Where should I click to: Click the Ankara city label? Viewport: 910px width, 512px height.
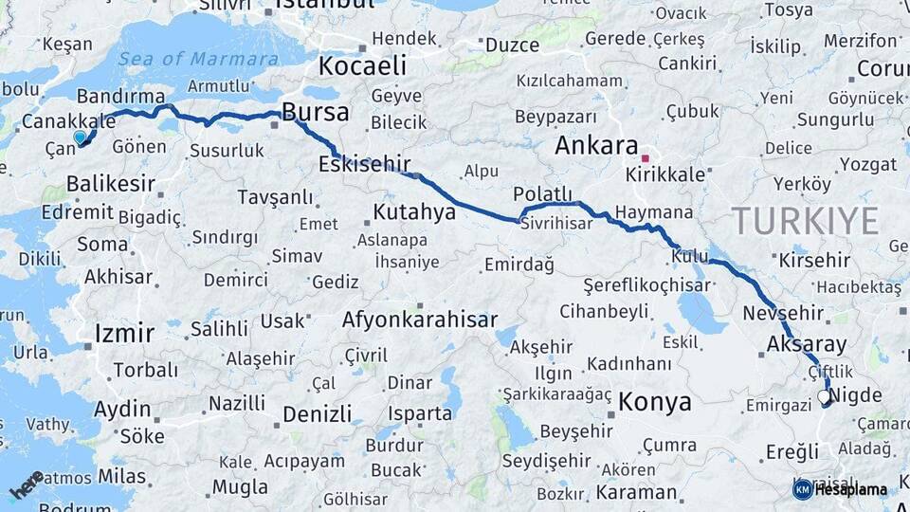pyautogui.click(x=595, y=146)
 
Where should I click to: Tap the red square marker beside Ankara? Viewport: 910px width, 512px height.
pyautogui.click(x=646, y=158)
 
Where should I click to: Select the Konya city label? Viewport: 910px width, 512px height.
pyautogui.click(x=654, y=402)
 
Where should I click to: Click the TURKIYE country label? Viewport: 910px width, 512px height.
pyautogui.click(x=805, y=221)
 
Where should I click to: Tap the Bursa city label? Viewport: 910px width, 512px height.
pyautogui.click(x=316, y=113)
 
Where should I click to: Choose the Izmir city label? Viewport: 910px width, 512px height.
pyautogui.click(x=124, y=333)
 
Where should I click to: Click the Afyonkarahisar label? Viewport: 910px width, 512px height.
pyautogui.click(x=420, y=320)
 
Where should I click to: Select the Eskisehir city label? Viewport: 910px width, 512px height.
pyautogui.click(x=365, y=164)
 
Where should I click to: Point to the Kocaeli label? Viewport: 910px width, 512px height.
pyautogui.click(x=362, y=66)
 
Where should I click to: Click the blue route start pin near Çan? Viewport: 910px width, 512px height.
pyautogui.click(x=80, y=138)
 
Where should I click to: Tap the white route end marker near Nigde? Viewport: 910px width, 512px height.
pyautogui.click(x=823, y=397)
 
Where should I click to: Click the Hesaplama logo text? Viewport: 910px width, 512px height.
pyautogui.click(x=849, y=490)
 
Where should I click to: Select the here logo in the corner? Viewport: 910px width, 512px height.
pyautogui.click(x=26, y=485)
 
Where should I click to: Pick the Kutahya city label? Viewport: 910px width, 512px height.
pyautogui.click(x=414, y=211)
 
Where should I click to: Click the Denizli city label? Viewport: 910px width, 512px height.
pyautogui.click(x=317, y=414)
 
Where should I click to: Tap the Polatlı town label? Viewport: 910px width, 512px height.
pyautogui.click(x=544, y=194)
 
